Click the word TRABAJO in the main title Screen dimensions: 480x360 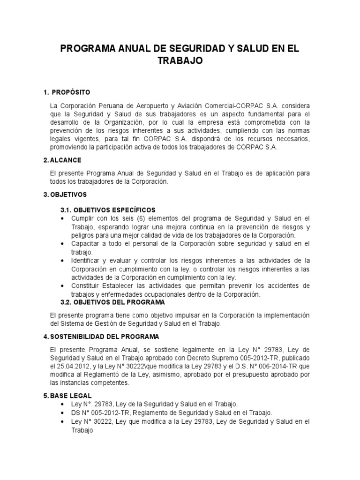tap(180, 61)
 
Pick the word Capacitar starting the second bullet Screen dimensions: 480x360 tap(85, 244)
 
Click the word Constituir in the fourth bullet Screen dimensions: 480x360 tap(86, 286)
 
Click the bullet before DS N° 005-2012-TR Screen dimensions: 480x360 tap(63, 413)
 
